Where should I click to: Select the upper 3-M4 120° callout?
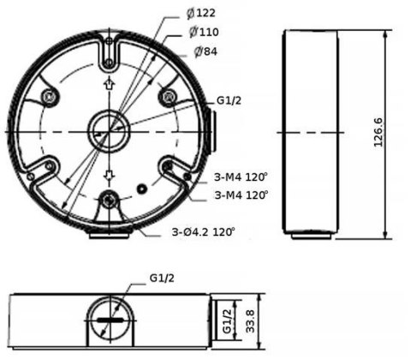point(241,177)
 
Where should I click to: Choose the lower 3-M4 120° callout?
point(241,195)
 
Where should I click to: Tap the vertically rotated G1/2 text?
point(227,323)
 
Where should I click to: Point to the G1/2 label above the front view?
point(163,279)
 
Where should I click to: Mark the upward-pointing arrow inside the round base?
point(109,84)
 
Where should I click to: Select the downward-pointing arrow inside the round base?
point(109,175)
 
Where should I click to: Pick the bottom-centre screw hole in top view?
point(109,201)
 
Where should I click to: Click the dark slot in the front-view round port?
point(110,320)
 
